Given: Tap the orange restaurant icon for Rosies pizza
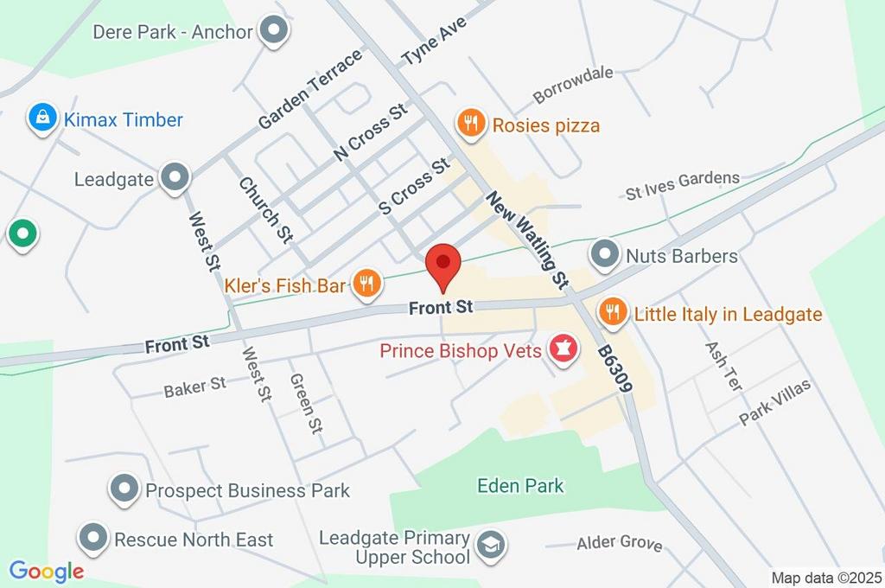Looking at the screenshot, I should point(470,124).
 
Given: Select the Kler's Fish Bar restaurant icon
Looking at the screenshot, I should point(367,284).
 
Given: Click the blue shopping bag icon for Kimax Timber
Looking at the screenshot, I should point(41,119).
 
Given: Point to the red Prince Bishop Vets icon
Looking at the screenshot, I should point(563,351).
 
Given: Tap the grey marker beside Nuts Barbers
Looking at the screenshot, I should point(604,255).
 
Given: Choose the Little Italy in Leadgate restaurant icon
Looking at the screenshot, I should point(612,313).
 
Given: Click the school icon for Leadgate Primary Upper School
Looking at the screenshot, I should point(492,546).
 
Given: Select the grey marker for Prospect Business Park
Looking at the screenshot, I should point(125,490).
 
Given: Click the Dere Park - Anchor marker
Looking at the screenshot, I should point(275,31).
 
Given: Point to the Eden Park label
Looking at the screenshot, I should point(520,486).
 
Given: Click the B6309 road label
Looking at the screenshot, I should point(614,372).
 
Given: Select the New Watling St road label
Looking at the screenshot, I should point(527,240).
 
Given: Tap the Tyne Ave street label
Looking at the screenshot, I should point(433,42).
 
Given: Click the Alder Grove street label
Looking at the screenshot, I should point(621,543).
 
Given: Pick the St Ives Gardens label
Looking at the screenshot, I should point(683,185).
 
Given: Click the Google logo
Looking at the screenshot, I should point(47,571).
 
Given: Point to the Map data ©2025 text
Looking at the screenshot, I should point(825,578).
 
